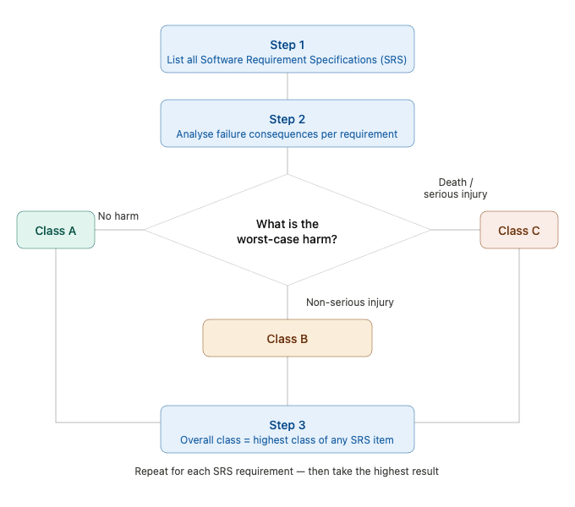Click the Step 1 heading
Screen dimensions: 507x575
tap(287, 45)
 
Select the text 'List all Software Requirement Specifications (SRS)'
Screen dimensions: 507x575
tap(287, 60)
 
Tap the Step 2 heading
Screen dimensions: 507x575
tap(287, 119)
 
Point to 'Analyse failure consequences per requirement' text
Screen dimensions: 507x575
tap(287, 134)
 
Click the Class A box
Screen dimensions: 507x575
tap(56, 231)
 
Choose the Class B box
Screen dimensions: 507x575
tap(287, 339)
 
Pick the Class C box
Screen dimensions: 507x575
tap(519, 231)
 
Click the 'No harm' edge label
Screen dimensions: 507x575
tap(118, 216)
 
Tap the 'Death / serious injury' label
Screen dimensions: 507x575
tap(456, 188)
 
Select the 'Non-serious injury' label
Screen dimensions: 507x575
tap(350, 303)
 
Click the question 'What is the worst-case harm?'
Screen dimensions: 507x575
tap(287, 231)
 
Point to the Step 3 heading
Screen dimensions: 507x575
tap(287, 425)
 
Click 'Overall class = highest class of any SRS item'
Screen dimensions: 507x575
tap(287, 440)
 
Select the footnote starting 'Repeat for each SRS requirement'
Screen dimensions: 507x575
tap(287, 471)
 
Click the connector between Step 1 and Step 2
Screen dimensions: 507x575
tap(287, 87)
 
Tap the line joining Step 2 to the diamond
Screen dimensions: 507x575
tap(287, 161)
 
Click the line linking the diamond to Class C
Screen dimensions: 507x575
tap(456, 230)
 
